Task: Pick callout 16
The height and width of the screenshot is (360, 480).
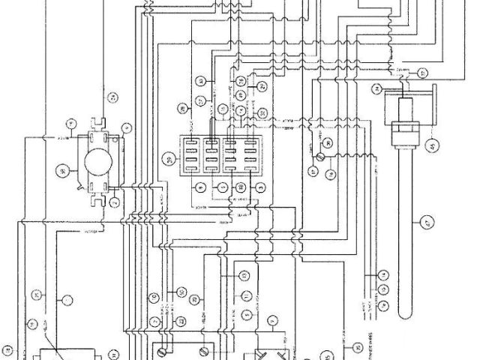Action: click(382, 304)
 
